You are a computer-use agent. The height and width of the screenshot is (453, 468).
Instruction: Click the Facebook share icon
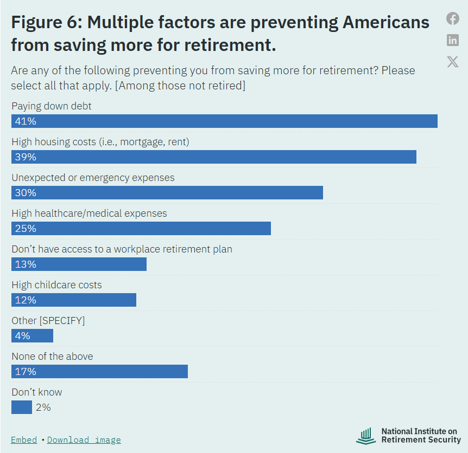coord(452,18)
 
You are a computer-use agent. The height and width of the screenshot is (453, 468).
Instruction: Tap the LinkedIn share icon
coord(452,40)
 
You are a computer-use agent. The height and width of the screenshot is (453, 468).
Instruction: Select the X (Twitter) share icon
coord(452,62)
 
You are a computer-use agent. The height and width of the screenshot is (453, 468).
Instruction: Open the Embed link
coord(24,439)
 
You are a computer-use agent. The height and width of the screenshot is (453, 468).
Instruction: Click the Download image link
coord(84,439)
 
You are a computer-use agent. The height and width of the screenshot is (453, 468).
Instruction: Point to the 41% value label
coord(26,121)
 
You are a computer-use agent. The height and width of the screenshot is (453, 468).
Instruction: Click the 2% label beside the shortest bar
coord(43,407)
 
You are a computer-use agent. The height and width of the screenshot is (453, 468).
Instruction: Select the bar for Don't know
coord(22,407)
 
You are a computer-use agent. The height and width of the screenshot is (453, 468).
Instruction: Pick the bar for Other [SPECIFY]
coord(32,335)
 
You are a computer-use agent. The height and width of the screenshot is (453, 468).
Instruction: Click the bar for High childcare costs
coord(74,300)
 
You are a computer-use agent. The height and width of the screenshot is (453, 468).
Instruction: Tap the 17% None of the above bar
coord(99,371)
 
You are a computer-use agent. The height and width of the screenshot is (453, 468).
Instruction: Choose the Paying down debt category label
coord(52,106)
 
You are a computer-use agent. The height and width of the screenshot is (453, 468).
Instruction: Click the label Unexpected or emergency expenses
coord(93,178)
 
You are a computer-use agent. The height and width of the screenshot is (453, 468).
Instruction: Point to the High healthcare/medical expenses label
coord(89,213)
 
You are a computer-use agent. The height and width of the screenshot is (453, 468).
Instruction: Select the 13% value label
coord(26,264)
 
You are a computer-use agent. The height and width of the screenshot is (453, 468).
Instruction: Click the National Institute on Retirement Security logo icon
coord(366,436)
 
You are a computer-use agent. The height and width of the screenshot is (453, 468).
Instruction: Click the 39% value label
coord(26,157)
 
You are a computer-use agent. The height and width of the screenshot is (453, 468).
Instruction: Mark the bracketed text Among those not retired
coord(180,86)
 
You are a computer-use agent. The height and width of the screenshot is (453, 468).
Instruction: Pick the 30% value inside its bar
coord(26,193)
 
